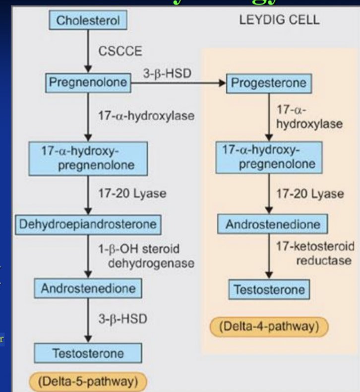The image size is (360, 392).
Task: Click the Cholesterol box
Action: point(87,21)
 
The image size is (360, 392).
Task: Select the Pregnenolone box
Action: point(88,83)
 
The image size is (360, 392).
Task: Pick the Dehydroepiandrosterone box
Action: point(88,224)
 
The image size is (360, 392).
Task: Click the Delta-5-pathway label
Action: point(88,382)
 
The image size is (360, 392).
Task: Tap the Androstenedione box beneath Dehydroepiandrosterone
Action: point(88,287)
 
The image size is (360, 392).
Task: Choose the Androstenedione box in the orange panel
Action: point(272,224)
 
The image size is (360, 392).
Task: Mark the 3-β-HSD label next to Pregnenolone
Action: point(169,73)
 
